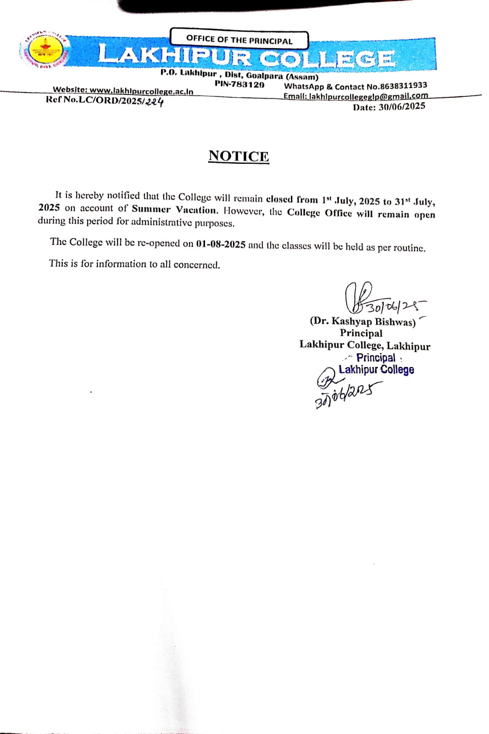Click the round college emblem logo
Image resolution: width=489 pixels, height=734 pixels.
(x=44, y=51)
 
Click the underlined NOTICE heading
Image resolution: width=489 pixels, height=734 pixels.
(x=239, y=156)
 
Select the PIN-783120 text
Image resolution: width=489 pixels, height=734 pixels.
(x=239, y=84)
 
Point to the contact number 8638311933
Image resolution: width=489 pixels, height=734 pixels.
(x=404, y=85)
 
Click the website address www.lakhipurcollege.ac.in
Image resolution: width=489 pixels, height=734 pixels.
(x=141, y=91)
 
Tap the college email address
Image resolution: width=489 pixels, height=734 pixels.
(x=368, y=96)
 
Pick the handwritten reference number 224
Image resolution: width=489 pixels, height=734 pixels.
(x=155, y=102)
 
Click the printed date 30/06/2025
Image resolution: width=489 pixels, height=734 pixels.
(x=402, y=106)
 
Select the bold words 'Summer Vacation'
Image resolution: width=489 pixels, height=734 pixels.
(x=174, y=210)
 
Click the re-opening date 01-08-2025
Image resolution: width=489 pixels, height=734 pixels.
(x=221, y=244)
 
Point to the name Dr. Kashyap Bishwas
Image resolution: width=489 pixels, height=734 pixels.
(x=362, y=321)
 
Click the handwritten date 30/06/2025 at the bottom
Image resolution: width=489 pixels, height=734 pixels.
(x=348, y=395)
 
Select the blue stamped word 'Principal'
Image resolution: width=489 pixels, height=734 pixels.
(x=376, y=357)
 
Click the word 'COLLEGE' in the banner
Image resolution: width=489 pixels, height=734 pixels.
(x=327, y=59)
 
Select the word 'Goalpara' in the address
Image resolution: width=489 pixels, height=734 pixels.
(x=264, y=76)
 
